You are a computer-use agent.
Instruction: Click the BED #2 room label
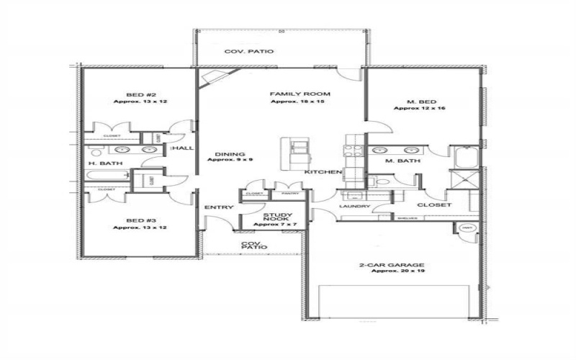pos(136,94)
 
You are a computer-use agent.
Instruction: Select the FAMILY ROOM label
pos(300,94)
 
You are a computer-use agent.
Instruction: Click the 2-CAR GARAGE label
pos(392,264)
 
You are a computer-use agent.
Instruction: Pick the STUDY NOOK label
pos(276,219)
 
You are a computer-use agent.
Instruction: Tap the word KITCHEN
pos(323,173)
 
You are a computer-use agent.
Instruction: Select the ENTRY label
pos(218,208)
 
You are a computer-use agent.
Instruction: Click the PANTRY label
pos(290,194)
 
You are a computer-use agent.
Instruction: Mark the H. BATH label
pos(105,163)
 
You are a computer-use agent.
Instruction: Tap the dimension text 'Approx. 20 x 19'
pos(392,271)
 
